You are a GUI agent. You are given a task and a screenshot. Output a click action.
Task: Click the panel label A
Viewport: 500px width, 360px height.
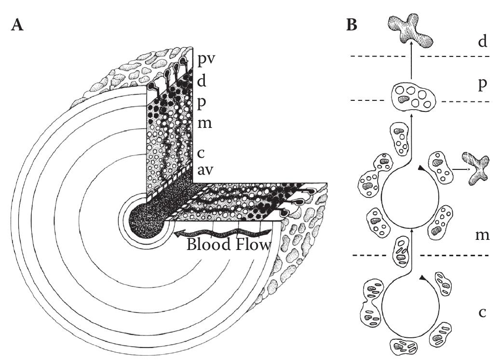(17, 26)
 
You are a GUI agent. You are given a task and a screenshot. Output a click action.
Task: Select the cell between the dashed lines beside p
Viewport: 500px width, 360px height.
(413, 96)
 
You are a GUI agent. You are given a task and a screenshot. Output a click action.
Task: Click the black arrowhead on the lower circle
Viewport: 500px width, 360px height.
(422, 278)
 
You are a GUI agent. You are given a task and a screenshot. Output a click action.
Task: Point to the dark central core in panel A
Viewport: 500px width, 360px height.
(142, 223)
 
